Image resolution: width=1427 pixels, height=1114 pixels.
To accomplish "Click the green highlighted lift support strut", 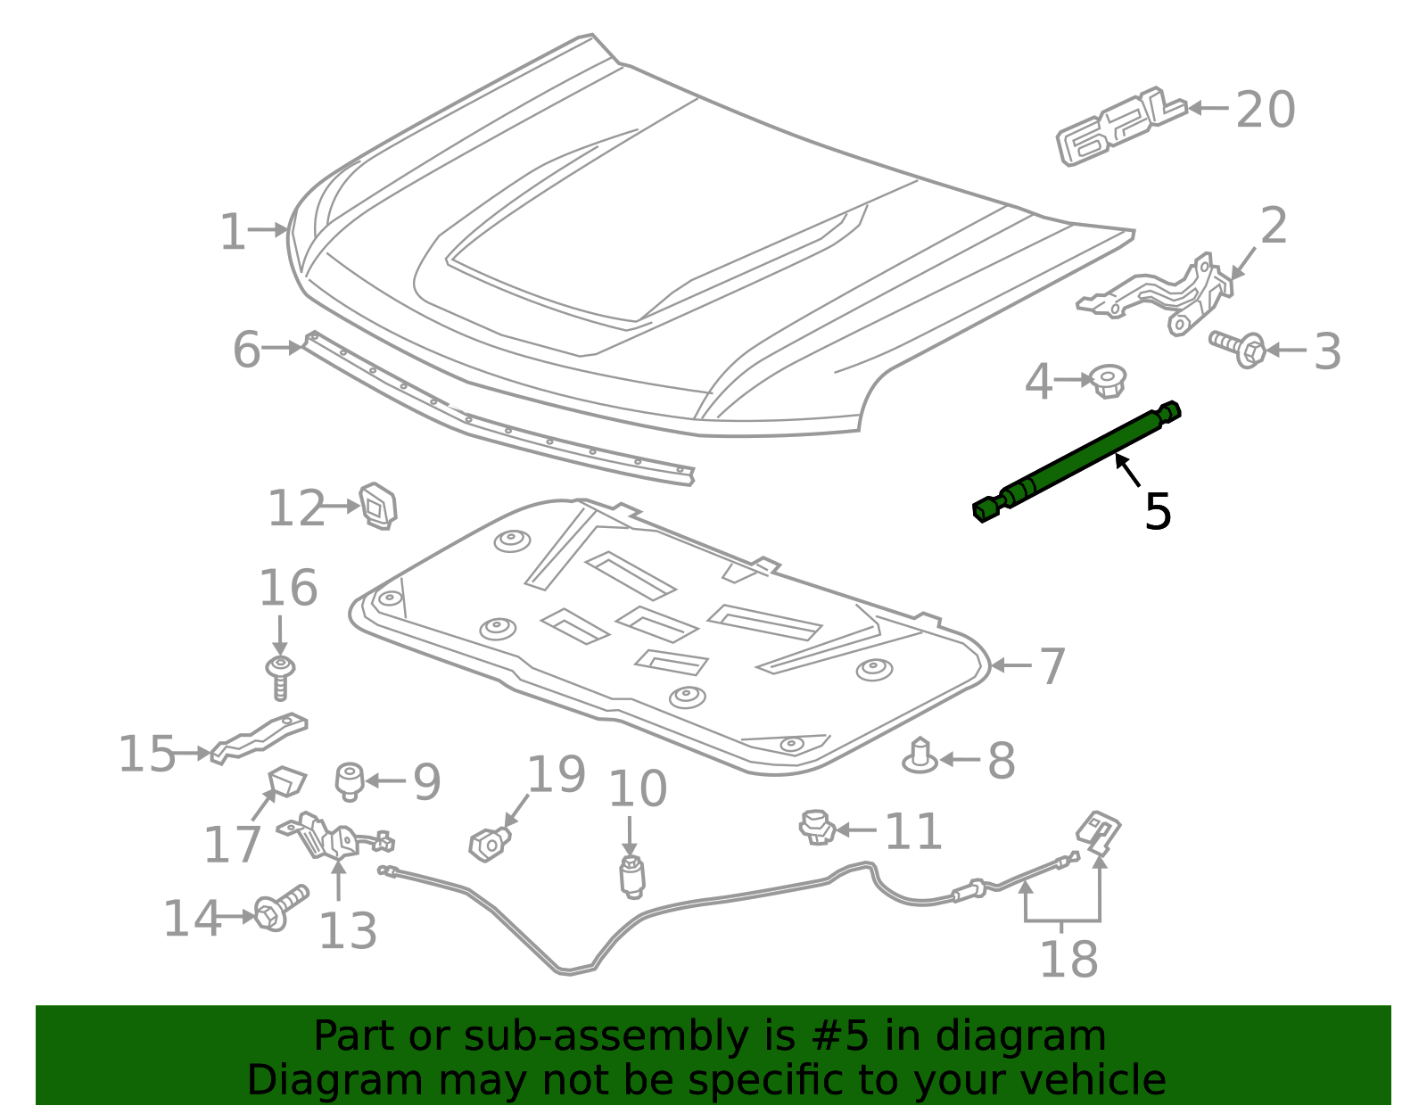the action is (x=1077, y=461).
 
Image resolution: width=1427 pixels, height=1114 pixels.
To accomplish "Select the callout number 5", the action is (x=1158, y=511).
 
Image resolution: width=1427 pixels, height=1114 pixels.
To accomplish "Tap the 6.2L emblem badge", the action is (x=1121, y=126).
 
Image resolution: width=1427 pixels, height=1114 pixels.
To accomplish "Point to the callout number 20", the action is (x=1266, y=109).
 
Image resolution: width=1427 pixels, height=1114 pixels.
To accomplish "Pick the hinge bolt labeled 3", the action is (x=1238, y=349).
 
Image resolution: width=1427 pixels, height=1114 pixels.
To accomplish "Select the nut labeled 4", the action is (x=1108, y=381).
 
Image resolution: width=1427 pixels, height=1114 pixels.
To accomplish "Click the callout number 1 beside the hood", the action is (x=233, y=231).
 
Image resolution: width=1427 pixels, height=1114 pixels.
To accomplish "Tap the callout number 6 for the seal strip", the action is (x=247, y=350).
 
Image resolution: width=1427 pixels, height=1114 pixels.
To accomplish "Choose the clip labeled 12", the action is (x=378, y=506).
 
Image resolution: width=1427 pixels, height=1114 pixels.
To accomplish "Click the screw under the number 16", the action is (x=280, y=677).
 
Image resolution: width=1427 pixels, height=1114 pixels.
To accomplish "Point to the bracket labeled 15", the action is (x=260, y=739).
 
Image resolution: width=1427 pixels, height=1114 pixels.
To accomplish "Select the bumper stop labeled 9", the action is (x=350, y=782).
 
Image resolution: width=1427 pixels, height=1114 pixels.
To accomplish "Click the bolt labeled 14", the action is (x=280, y=908).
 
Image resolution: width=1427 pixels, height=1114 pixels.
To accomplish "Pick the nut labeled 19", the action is (x=490, y=845).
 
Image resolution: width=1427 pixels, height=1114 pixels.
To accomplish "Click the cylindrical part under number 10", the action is (x=631, y=876).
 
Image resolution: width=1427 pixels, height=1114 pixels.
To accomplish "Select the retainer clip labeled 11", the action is (x=817, y=828).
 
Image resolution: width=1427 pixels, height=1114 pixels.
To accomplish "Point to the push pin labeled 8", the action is (x=920, y=756).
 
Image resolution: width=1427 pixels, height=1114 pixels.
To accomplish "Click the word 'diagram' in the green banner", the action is (x=1020, y=1036).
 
